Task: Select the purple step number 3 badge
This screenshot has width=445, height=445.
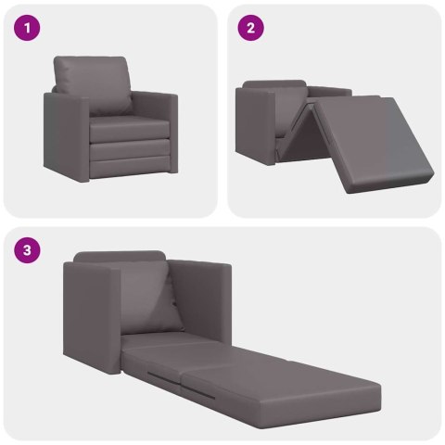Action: [30, 249]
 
